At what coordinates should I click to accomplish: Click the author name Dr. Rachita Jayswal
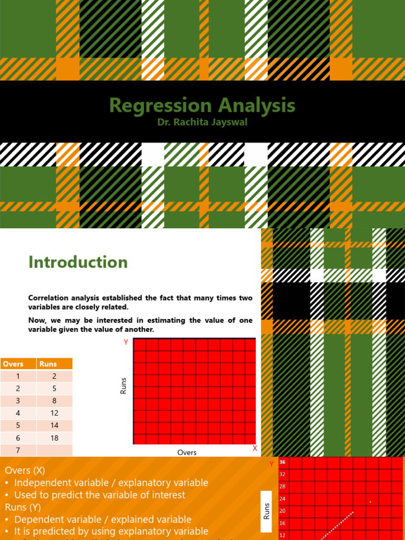pos(202,123)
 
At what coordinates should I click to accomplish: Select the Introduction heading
pos(78,262)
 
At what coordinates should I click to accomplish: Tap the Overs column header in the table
pos(13,364)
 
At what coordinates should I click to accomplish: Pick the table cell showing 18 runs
pos(54,438)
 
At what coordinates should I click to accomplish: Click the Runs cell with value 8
pos(54,401)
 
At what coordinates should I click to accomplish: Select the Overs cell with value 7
pos(18,450)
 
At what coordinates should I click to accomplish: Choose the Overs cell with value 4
pos(18,413)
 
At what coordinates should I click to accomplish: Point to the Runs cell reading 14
pos(54,425)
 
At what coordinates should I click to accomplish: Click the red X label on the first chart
pos(255,448)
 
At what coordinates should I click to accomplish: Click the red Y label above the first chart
pos(126,342)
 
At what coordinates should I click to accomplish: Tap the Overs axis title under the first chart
pos(187,452)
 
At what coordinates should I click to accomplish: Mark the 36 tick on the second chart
pos(282,462)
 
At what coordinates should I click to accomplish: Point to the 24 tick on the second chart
pos(282,499)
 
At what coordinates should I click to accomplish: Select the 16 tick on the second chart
pos(282,523)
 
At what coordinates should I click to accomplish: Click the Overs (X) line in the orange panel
pos(25,470)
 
